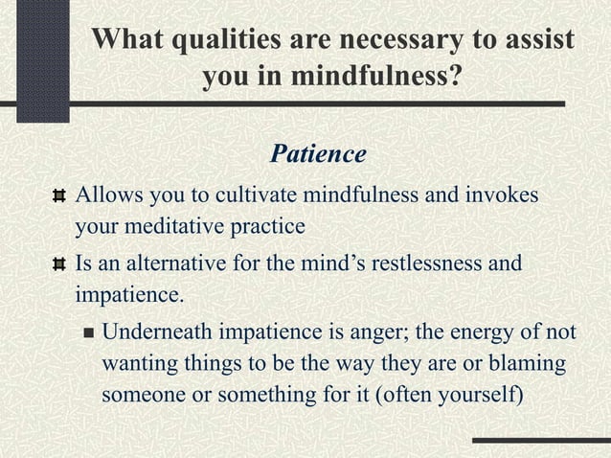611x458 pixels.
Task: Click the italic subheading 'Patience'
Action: pos(318,153)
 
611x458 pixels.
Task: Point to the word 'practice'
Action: pos(265,227)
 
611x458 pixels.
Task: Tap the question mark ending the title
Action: pos(452,77)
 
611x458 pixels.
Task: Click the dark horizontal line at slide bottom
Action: pos(540,442)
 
